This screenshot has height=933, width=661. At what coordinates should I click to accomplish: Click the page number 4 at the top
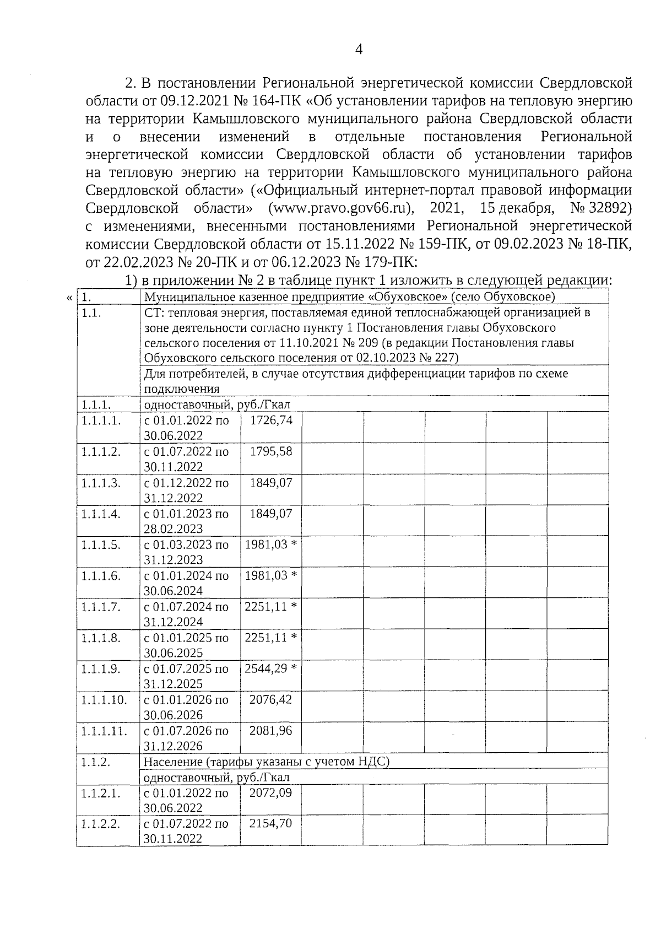(x=359, y=50)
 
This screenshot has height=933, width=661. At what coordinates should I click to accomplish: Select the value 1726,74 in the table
(x=271, y=420)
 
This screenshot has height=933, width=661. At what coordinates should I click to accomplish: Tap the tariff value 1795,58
(x=271, y=451)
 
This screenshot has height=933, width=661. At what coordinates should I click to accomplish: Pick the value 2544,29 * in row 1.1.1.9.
(x=271, y=668)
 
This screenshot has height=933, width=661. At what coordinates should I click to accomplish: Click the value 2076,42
(x=271, y=699)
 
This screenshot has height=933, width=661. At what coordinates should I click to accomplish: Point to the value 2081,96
(x=271, y=731)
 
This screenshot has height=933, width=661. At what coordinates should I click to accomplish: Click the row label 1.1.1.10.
(x=104, y=700)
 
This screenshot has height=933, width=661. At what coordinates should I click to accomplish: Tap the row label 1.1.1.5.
(x=101, y=544)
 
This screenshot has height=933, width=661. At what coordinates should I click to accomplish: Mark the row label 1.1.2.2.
(x=101, y=824)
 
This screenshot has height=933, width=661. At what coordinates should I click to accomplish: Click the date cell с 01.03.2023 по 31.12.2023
(x=186, y=552)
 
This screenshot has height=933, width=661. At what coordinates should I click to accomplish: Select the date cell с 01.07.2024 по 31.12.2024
(x=186, y=614)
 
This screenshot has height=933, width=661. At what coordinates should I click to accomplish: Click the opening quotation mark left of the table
(x=69, y=298)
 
